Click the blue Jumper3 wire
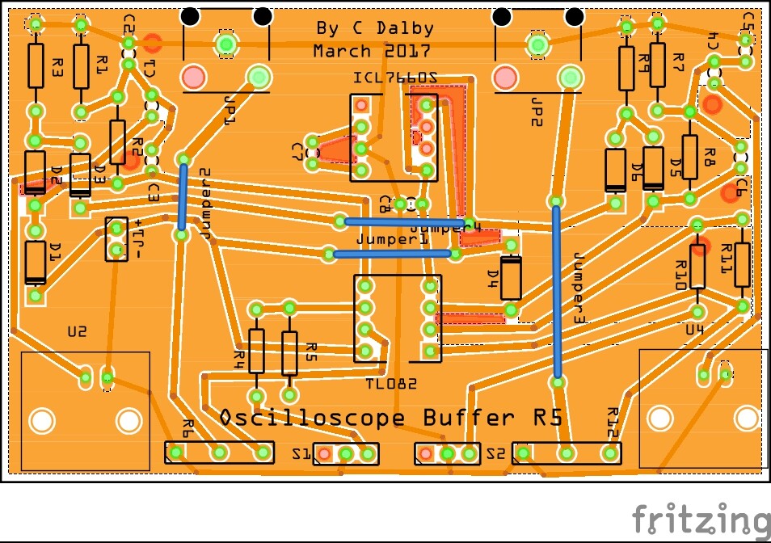pos(557,291)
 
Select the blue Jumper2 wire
pos(183,198)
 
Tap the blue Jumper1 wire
pos(392,254)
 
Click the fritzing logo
pos(701,519)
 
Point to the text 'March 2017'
pos(354,51)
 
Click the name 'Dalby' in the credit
pos(404,28)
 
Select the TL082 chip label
pos(391,384)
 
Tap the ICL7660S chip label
pos(395,78)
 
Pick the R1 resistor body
pos(81,66)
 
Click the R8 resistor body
pos(689,155)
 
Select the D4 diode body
pos(511,277)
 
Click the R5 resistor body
pos(289,352)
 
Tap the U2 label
pos(77,331)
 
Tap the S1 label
pos(301,454)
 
